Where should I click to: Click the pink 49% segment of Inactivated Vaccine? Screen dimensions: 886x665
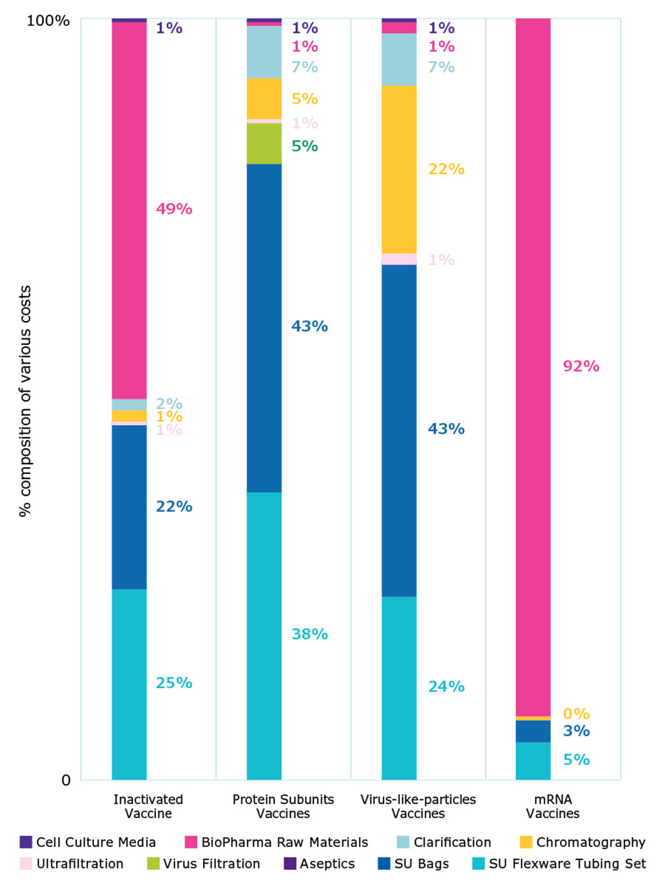coord(129,210)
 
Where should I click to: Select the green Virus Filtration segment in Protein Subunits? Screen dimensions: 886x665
coord(264,143)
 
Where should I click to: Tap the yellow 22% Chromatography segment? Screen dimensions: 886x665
coord(399,169)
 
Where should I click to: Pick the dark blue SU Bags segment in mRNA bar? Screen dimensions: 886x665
coord(533,731)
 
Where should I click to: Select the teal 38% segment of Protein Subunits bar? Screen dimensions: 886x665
coord(264,635)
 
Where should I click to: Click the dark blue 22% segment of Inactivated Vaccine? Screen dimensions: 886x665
coord(129,507)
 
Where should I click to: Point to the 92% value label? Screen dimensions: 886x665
coord(581,366)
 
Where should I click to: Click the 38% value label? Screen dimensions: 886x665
coord(309,634)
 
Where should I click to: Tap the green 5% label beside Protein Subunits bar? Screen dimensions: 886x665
coord(304,146)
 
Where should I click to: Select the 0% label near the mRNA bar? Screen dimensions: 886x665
coord(576,714)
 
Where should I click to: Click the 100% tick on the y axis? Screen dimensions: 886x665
coord(48,20)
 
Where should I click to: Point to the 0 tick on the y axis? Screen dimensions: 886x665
coord(66,780)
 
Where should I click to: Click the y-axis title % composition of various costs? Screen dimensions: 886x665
coord(26,400)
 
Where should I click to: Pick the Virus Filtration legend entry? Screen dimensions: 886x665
coord(211,864)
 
